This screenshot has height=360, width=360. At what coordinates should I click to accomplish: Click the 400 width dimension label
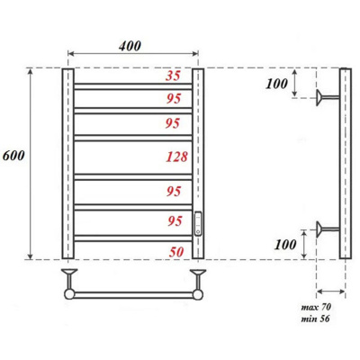130,46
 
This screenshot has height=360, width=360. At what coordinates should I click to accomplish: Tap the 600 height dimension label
13,156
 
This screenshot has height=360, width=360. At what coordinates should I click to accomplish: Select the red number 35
173,76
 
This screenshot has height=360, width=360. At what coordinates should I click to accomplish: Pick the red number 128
177,157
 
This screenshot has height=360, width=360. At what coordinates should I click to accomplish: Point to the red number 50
176,252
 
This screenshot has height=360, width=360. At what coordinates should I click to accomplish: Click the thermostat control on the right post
198,223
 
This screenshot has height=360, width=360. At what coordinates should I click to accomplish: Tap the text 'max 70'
316,307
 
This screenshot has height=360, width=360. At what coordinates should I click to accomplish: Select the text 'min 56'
315,319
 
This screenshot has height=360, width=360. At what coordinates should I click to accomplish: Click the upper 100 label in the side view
276,84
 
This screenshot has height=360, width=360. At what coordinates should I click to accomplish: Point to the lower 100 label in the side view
285,245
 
